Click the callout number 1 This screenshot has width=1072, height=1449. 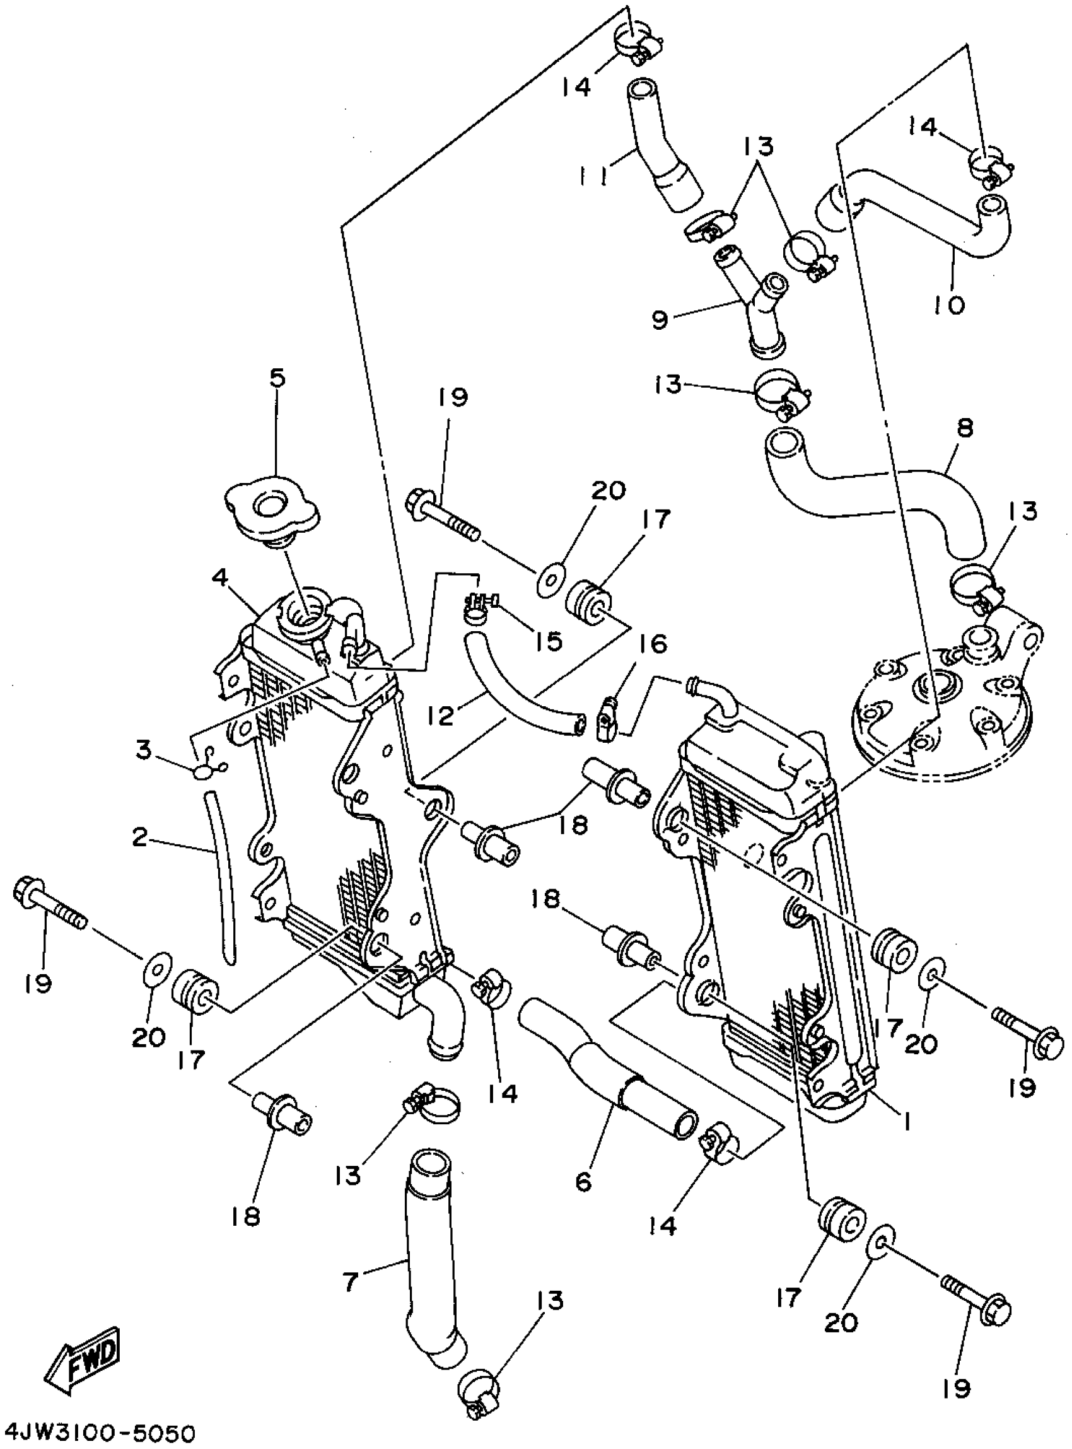click(907, 1119)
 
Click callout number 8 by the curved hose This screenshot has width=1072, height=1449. click(965, 428)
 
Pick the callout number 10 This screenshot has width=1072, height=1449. click(950, 304)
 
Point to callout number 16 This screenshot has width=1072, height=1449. click(654, 644)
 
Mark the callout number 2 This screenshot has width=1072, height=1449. click(139, 838)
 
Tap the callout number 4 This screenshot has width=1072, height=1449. click(220, 576)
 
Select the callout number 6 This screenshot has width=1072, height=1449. click(583, 1182)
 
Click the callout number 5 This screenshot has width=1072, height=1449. click(276, 378)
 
